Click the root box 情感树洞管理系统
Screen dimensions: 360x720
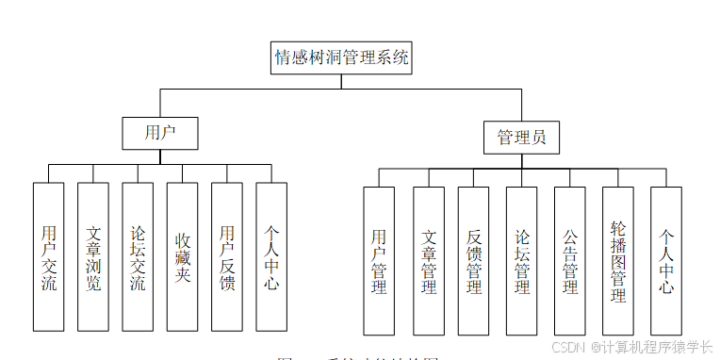coord(341,57)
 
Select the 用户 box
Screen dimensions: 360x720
coord(159,133)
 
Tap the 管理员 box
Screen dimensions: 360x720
coord(521,138)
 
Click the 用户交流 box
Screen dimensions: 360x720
coord(48,256)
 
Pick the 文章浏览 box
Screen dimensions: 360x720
coord(92,256)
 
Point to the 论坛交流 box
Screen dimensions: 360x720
coord(137,256)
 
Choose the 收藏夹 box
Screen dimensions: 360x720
coord(182,256)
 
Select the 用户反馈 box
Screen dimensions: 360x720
coord(226,256)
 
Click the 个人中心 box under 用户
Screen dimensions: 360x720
coord(270,256)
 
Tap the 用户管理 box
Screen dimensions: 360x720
coord(379,260)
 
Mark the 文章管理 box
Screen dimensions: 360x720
coord(428,260)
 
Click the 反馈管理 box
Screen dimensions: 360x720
coord(473,260)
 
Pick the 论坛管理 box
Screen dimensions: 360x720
coord(521,260)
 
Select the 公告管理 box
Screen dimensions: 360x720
coord(569,260)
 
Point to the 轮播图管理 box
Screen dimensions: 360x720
coord(617,260)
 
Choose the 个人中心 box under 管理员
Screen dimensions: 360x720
coord(665,260)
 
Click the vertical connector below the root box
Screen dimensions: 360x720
coord(341,81)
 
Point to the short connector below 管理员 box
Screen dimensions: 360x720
coord(521,161)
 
